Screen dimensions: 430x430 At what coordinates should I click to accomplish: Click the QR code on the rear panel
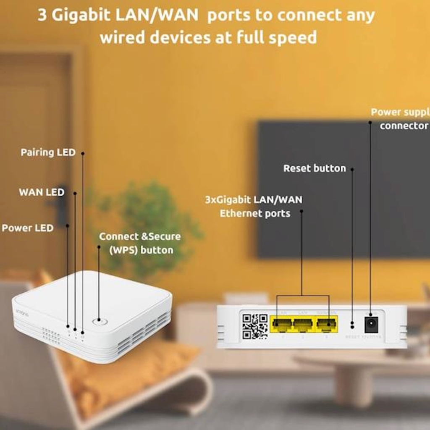[255, 326]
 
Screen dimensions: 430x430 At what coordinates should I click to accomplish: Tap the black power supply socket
[370, 324]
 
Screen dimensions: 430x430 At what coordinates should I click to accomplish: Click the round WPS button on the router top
[99, 322]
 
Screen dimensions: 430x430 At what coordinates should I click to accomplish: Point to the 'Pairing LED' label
[48, 152]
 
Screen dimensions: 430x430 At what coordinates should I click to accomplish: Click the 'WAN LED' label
[42, 192]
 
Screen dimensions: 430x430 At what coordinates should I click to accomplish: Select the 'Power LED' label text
[28, 228]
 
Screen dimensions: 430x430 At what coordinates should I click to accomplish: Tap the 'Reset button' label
[315, 168]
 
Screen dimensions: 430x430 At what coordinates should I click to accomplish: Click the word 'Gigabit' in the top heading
[87, 16]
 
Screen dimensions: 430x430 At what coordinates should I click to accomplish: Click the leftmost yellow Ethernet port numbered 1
[282, 324]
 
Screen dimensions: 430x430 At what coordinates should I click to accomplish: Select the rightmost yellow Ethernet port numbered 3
[326, 324]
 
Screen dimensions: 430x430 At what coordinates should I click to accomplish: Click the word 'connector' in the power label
[404, 126]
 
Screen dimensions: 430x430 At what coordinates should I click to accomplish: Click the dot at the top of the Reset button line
[352, 170]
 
